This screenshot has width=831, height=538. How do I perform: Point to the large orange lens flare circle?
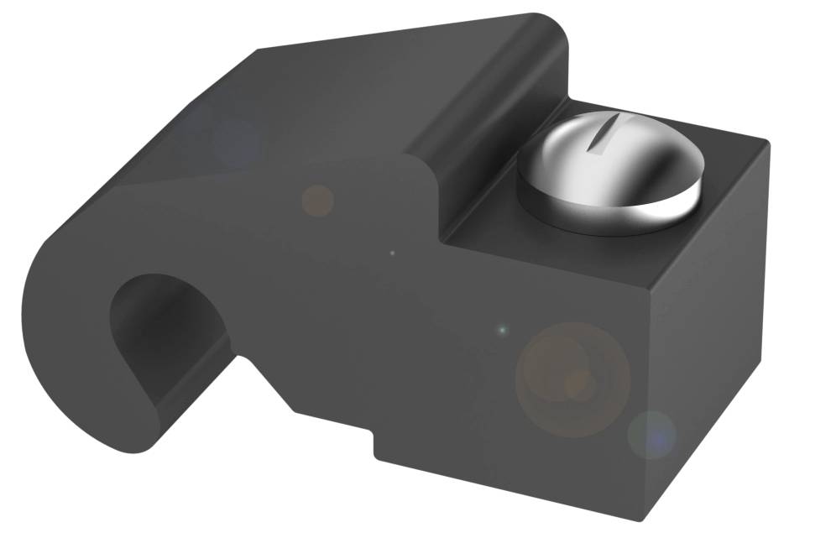pos(573,379)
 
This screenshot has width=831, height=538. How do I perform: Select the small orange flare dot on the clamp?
pos(317,200)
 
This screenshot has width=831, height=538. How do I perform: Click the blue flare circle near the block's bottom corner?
pos(651,434)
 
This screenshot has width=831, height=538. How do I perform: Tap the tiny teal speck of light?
pos(502,330)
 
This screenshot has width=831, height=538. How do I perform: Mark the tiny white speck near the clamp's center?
pos(392,252)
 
